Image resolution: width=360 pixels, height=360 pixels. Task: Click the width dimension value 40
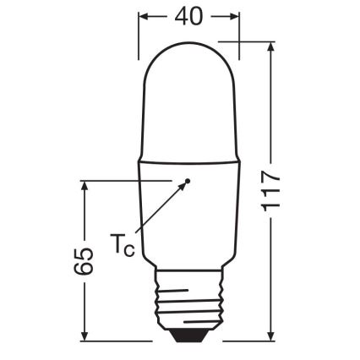[188, 16]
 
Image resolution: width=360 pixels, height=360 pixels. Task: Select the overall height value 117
[270, 192]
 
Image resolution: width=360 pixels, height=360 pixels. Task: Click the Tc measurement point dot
[189, 181]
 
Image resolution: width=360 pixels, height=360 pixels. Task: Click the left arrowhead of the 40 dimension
[143, 16]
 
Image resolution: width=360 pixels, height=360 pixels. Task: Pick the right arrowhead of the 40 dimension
[234, 16]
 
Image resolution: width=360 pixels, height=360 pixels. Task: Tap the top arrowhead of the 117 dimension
[270, 48]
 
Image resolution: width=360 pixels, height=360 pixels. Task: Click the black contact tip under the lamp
[188, 335]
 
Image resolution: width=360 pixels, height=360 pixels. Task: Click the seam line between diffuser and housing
[188, 156]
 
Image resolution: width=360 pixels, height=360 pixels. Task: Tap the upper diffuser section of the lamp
[188, 101]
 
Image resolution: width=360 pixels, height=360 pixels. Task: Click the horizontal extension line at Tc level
[127, 181]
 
